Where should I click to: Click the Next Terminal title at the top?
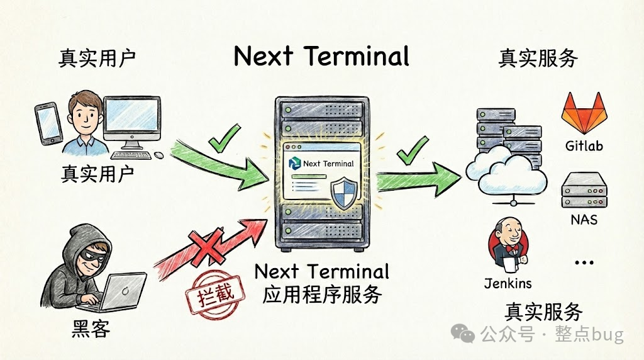[x=321, y=56]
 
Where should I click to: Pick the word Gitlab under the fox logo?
[x=583, y=146]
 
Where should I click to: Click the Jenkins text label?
[x=508, y=283]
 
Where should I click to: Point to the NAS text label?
[x=584, y=220]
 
